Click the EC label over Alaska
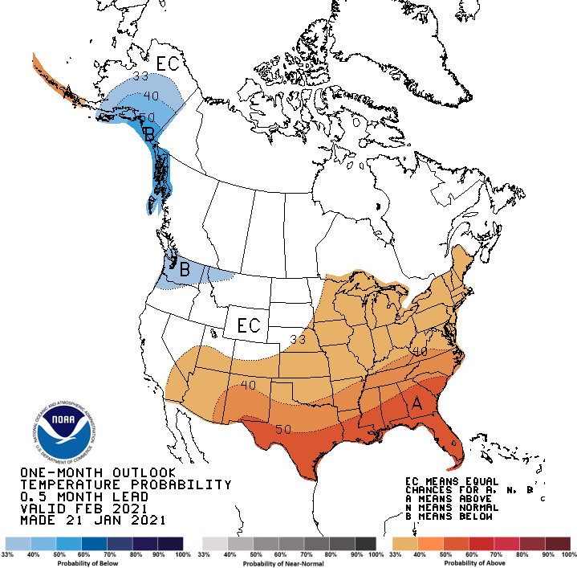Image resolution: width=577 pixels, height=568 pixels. [x=168, y=63]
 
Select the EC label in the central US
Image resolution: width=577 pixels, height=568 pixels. [x=247, y=325]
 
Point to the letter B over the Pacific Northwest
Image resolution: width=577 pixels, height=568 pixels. [x=184, y=270]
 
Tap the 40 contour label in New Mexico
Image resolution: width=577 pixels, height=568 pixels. [x=247, y=386]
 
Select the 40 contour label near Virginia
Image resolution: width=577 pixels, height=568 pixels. [x=419, y=351]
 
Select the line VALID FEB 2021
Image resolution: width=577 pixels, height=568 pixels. [x=83, y=509]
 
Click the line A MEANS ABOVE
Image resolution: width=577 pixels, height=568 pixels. [x=449, y=499]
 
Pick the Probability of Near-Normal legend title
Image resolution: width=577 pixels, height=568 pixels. [x=290, y=562]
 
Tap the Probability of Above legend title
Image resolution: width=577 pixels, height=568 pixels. [x=481, y=562]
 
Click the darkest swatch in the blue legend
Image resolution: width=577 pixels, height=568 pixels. [x=171, y=543]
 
